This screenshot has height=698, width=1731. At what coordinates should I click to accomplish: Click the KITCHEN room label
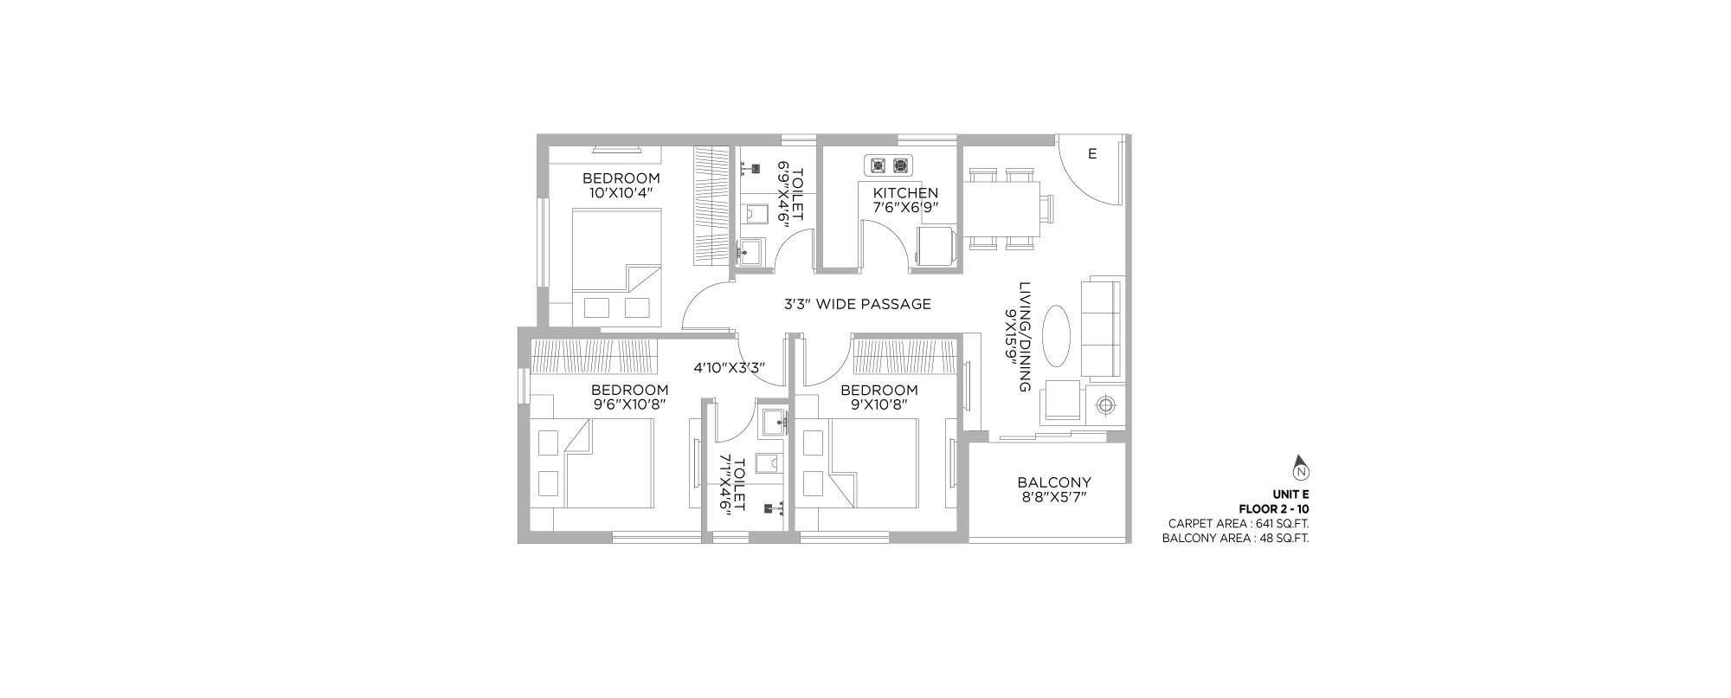[x=905, y=192]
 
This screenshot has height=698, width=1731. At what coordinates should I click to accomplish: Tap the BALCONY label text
[x=1054, y=482]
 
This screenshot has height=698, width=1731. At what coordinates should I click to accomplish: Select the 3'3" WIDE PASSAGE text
[x=858, y=304]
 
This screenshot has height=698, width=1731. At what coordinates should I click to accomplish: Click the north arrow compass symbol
[x=1300, y=468]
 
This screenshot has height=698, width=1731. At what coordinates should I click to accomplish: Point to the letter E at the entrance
[x=1092, y=154]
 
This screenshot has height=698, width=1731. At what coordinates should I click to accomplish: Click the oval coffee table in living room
[x=1057, y=335]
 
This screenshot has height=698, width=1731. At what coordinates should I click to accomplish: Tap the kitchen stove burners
[x=889, y=165]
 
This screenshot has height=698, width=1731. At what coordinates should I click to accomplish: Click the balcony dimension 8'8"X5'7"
[x=1054, y=497]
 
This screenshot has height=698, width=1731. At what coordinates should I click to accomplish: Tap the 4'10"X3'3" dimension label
[x=729, y=367]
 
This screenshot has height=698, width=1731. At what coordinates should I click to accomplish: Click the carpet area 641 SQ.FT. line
[x=1239, y=523]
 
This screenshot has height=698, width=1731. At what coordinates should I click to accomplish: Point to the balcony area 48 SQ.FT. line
[x=1236, y=538]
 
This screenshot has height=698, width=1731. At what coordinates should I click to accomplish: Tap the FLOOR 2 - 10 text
[x=1274, y=509]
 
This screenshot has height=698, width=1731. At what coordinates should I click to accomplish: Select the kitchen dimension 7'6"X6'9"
[x=905, y=207]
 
